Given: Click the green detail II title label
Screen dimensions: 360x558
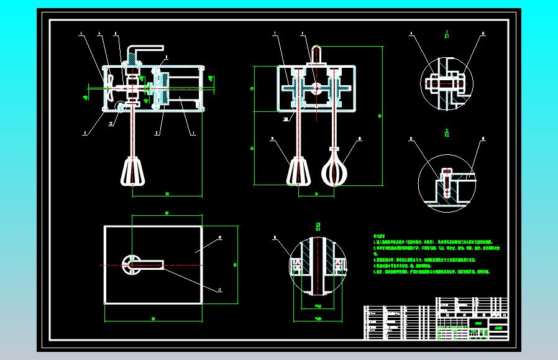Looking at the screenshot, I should (x=447, y=132).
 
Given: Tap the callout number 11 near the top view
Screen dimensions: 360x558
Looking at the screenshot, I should (x=219, y=288).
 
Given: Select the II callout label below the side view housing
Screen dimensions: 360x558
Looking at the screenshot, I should (x=111, y=123).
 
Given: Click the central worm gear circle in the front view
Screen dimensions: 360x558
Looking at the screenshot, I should (x=316, y=89).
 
